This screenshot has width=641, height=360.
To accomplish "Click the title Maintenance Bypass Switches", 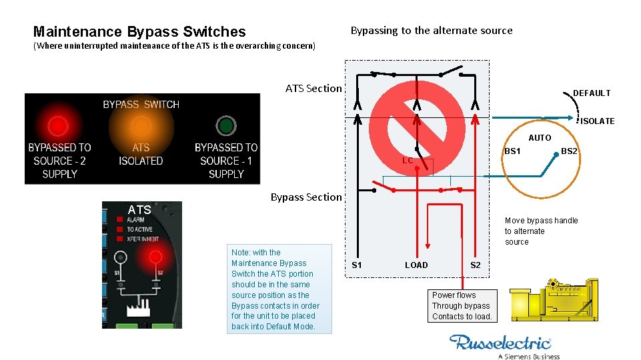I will coord(139,31).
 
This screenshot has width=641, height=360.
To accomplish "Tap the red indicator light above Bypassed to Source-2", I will coord(59,125).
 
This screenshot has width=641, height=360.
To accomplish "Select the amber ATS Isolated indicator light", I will coord(141,125).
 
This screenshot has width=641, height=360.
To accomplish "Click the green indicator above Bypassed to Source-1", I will coord(226,125).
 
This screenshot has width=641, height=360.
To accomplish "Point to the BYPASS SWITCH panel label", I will coord(141,105).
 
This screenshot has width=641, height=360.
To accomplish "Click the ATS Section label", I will coord(313,88).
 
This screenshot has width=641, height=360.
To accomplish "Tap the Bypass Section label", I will coord(305,197).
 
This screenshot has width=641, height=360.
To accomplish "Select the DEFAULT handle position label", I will coord(591,93).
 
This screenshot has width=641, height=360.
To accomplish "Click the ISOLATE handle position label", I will coord(597,121).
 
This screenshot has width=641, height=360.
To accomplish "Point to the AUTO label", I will coord(540,138).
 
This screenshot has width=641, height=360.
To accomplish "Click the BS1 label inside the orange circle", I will coord(512,151).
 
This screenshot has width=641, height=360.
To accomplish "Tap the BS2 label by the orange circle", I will coord(569,151).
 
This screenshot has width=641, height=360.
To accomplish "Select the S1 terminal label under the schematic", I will coord(357,265).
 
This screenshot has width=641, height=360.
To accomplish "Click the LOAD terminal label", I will coord(416,265).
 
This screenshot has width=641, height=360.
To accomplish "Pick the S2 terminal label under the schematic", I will coord(475,265).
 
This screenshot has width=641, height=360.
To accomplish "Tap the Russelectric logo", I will coord(500,343).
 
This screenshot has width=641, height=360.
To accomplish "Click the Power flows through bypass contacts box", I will coord(461,306).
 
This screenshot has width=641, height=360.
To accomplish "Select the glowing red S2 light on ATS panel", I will coord(155,257).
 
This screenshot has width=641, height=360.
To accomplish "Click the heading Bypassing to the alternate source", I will coord(432,31).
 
